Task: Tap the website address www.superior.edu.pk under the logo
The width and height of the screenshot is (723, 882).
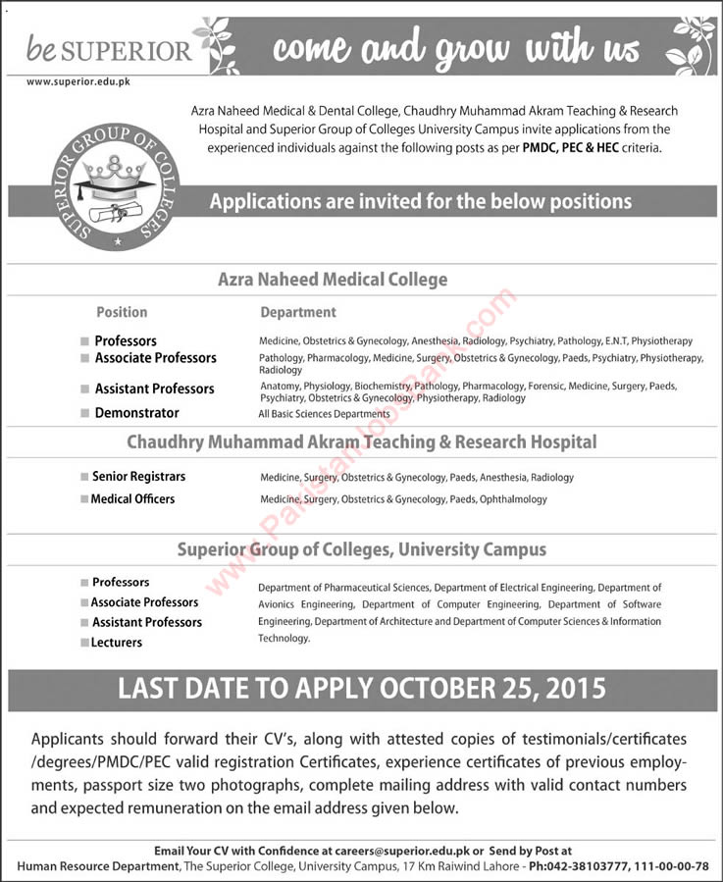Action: tap(78, 81)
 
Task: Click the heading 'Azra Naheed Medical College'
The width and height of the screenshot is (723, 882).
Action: tap(332, 280)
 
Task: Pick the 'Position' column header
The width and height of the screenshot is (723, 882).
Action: tap(122, 312)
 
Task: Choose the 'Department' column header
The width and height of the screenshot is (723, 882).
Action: tap(297, 312)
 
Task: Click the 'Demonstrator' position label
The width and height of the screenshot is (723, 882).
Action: tap(136, 413)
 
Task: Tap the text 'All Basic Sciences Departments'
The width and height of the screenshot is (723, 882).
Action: tap(325, 414)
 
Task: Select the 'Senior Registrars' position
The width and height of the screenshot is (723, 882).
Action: tap(138, 476)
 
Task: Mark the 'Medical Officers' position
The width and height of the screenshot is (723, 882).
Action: tap(132, 498)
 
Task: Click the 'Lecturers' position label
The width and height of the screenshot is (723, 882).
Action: tap(117, 643)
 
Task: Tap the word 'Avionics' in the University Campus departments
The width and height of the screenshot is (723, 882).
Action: tap(279, 604)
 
